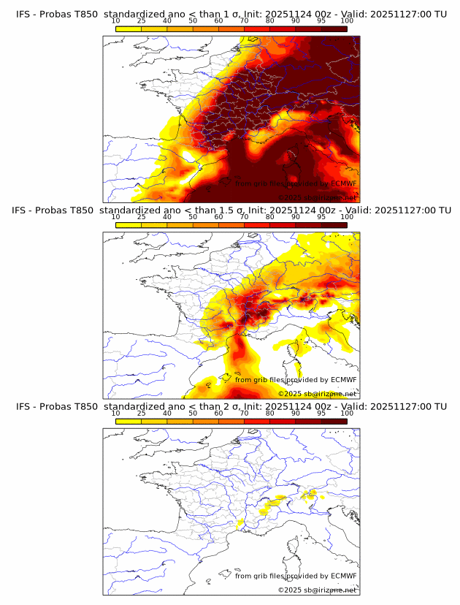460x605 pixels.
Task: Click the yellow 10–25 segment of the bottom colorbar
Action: point(129,420)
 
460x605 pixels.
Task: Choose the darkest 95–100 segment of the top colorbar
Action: point(334,28)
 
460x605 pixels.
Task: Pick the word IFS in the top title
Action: point(24,14)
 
